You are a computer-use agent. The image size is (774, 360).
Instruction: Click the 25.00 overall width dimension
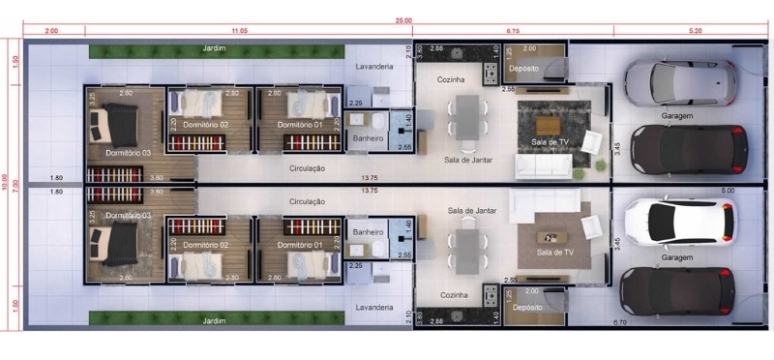[x=402, y=20]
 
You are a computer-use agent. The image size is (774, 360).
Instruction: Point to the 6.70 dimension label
[x=621, y=321]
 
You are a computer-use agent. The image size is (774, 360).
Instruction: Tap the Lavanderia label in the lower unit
[x=374, y=307]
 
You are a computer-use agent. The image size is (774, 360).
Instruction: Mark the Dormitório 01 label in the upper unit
[x=299, y=125]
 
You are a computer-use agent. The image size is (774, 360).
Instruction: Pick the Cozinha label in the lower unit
[x=454, y=294]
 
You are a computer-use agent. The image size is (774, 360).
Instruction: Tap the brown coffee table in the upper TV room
[x=547, y=125]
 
